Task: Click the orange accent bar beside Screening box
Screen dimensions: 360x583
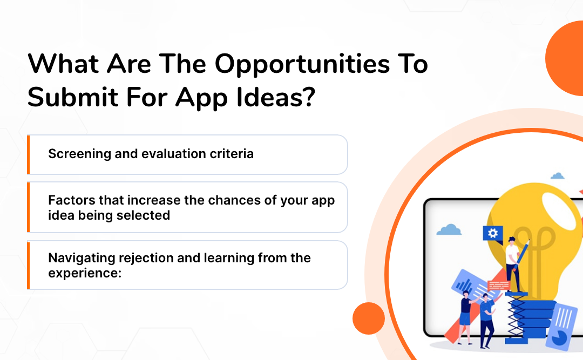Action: click(x=28, y=154)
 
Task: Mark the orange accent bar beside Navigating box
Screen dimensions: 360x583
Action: click(x=28, y=265)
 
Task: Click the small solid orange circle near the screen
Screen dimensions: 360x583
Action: click(x=368, y=317)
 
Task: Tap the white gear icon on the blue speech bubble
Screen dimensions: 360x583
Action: click(x=492, y=233)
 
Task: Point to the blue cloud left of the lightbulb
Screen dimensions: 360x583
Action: click(x=449, y=230)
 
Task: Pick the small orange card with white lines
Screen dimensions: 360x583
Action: click(x=498, y=284)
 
